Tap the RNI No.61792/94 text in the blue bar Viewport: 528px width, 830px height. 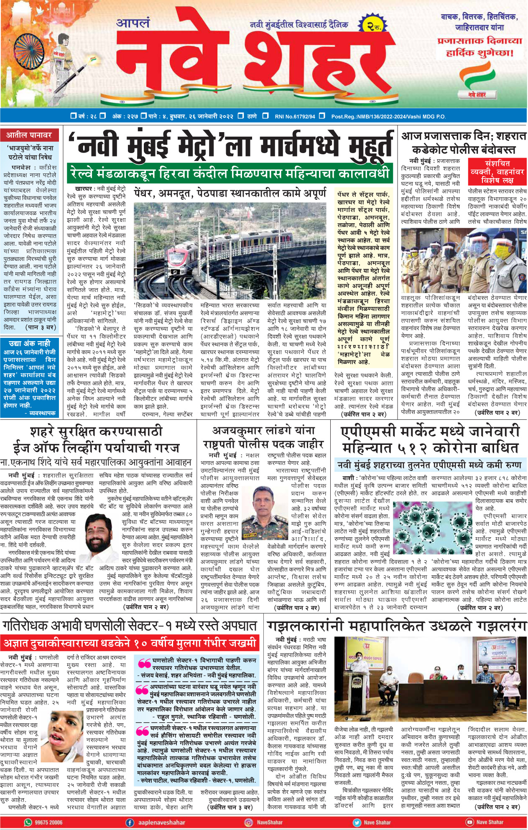click(x=295, y=117)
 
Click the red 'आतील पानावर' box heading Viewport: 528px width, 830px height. click(x=29, y=135)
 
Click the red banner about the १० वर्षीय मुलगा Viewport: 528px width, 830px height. click(x=130, y=643)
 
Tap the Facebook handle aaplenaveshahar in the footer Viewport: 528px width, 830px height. click(x=161, y=822)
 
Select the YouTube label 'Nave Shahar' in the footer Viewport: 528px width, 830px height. click(x=489, y=822)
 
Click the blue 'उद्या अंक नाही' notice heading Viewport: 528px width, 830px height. click(x=29, y=343)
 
